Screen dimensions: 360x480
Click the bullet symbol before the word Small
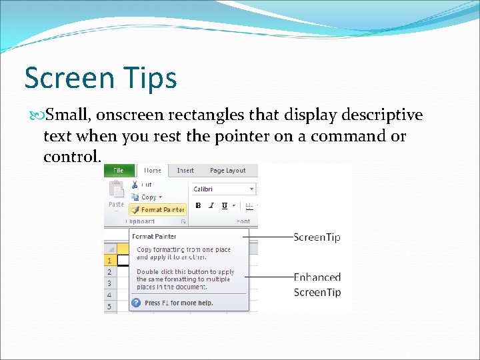click(39, 116)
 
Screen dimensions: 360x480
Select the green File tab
click(118, 171)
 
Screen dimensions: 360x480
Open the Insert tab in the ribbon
click(185, 171)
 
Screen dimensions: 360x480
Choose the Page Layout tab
click(227, 171)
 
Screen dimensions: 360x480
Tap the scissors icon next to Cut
click(134, 185)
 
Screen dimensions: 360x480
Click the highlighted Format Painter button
click(159, 209)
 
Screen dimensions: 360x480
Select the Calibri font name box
click(223, 189)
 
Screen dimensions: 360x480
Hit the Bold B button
click(199, 206)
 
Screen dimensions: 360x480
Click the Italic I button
click(211, 206)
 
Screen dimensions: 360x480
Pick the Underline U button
click(225, 206)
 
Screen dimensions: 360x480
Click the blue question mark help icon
click(136, 303)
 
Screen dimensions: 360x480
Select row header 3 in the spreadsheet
click(109, 283)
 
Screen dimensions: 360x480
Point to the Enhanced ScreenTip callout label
click(317, 285)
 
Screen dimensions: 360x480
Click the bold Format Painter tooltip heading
click(154, 236)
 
